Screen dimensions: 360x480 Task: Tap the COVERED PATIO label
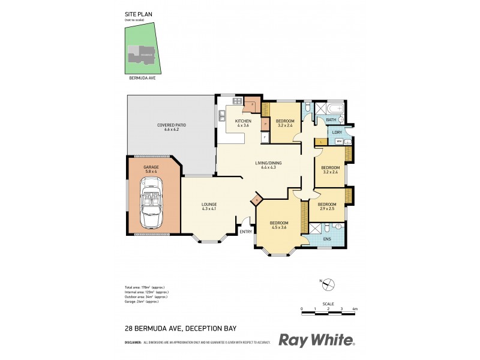pyautogui.click(x=172, y=125)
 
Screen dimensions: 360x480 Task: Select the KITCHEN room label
pyautogui.click(x=242, y=121)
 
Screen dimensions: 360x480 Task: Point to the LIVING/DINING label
pyautogui.click(x=269, y=163)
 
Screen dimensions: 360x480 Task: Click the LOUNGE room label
pyautogui.click(x=209, y=205)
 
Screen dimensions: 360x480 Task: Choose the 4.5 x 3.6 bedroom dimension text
pyautogui.click(x=279, y=227)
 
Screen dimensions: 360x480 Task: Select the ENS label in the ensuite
pyautogui.click(x=326, y=238)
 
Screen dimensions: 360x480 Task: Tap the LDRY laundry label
pyautogui.click(x=337, y=132)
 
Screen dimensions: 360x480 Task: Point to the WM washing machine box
pyautogui.click(x=338, y=142)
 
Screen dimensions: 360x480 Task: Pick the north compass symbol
pyautogui.click(x=329, y=284)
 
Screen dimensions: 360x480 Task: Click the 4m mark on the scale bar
pyautogui.click(x=355, y=308)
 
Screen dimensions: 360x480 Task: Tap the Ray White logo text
pyautogui.click(x=317, y=340)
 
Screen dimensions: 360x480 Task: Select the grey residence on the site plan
pyautogui.click(x=142, y=55)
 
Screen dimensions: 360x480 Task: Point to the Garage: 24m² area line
pyautogui.click(x=145, y=302)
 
